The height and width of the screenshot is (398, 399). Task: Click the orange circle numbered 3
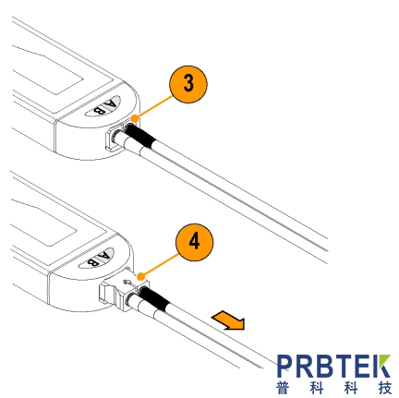click(188, 84)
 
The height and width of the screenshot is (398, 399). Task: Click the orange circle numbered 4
click(194, 243)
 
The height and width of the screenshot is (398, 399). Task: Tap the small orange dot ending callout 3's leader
click(134, 118)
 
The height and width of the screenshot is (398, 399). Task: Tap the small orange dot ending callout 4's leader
click(140, 276)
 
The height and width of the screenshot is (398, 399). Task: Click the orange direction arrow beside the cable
click(228, 320)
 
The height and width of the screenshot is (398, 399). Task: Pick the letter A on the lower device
click(104, 256)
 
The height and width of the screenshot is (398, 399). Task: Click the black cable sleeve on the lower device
click(154, 298)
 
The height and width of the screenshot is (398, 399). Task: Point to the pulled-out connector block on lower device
click(123, 290)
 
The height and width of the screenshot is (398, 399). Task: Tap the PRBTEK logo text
click(333, 366)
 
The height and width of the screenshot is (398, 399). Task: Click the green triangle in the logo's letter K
click(383, 361)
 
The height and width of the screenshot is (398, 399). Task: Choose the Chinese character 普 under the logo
click(283, 388)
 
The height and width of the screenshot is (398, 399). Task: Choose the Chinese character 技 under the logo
click(385, 388)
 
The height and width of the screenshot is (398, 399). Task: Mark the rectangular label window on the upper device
click(48, 78)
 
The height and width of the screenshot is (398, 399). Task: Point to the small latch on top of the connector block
click(127, 282)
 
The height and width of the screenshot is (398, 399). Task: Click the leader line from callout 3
click(152, 107)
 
